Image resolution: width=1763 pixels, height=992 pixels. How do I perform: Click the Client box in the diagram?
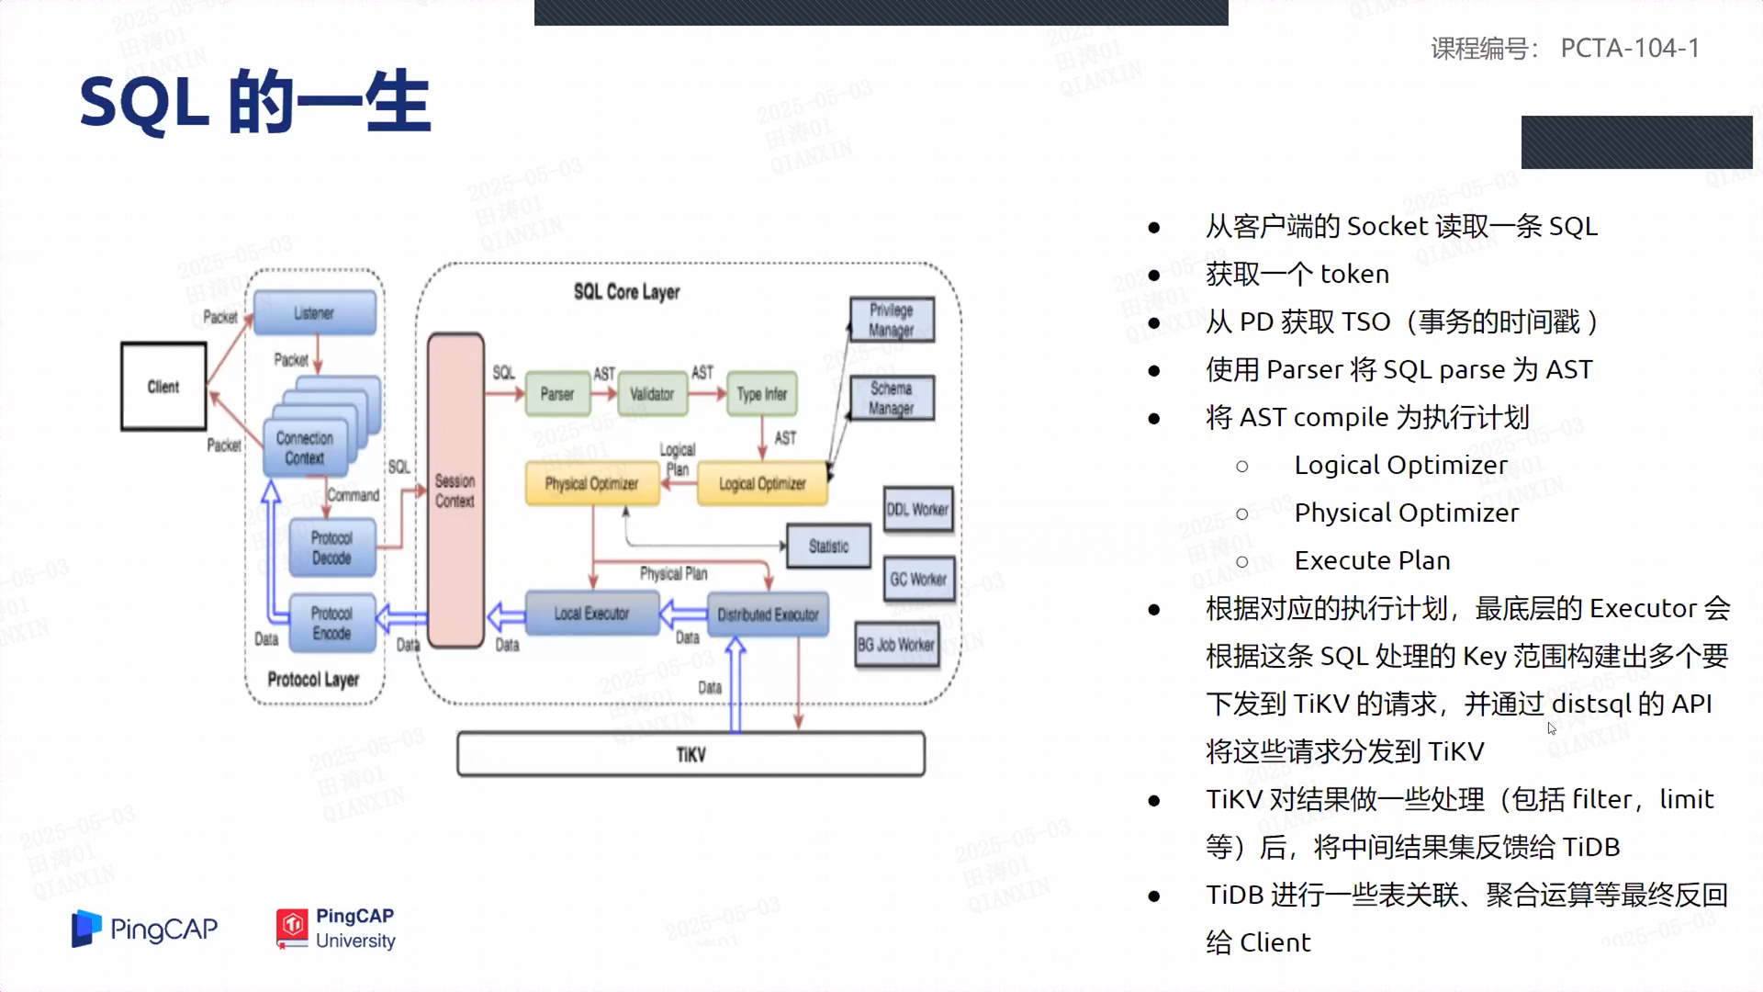[x=163, y=387]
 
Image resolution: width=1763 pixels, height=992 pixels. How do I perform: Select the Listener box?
[x=314, y=313]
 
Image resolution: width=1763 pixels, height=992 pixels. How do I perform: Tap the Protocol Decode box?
[x=331, y=547]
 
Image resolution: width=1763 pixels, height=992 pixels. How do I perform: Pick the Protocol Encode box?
[x=331, y=623]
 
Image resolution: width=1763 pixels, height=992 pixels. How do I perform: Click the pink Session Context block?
[x=455, y=490]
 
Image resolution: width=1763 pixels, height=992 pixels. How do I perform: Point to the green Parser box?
[x=556, y=394]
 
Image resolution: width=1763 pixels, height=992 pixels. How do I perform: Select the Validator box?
[x=652, y=394]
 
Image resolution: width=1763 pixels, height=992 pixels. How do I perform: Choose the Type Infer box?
[x=762, y=394]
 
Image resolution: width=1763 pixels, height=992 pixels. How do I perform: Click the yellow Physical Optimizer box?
[x=591, y=484]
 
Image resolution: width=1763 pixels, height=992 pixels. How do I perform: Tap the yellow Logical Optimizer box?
[x=762, y=484]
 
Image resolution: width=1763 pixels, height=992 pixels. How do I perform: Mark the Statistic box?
[x=828, y=547]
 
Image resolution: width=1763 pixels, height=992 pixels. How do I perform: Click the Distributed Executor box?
[x=768, y=614]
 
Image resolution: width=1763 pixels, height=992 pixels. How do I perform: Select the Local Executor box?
[x=591, y=614]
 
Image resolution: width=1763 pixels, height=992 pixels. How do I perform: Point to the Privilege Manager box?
[x=892, y=320]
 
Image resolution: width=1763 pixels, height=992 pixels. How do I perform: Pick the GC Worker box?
[x=918, y=580]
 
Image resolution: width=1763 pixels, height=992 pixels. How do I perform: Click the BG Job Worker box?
[x=896, y=645]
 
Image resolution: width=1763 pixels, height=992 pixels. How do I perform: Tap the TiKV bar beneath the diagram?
[x=691, y=754]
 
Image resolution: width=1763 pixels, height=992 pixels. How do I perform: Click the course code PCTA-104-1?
[x=1630, y=48]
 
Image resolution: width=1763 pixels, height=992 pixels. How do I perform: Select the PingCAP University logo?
[x=336, y=929]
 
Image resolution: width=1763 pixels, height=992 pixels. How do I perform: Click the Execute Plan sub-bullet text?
[x=1372, y=560]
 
